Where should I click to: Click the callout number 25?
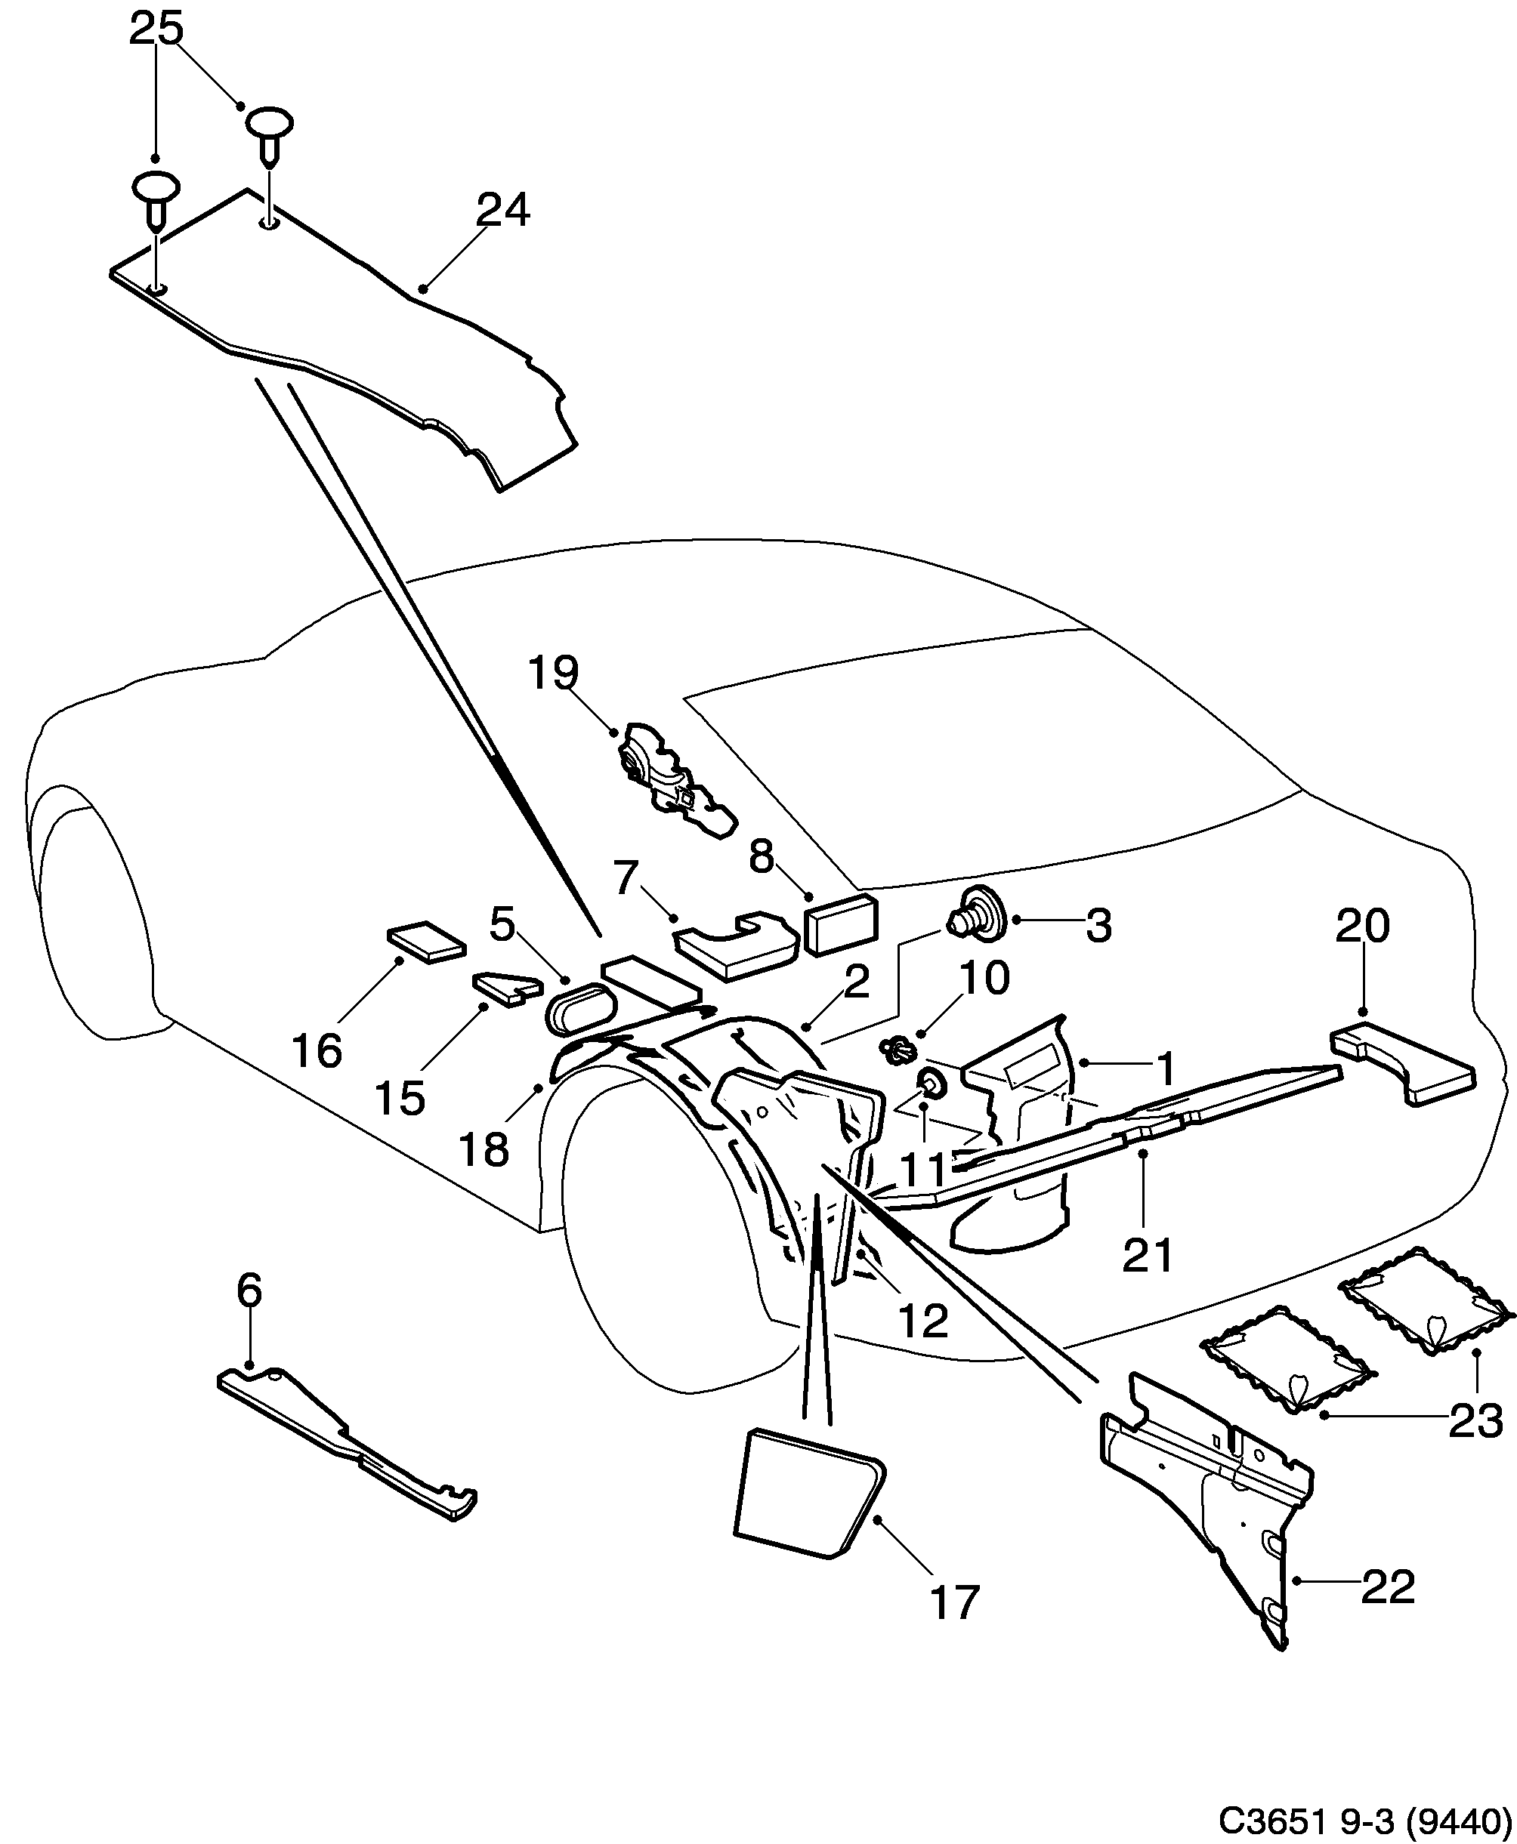click(156, 29)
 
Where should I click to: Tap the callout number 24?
click(502, 211)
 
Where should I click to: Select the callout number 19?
click(553, 674)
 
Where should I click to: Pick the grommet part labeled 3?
click(978, 924)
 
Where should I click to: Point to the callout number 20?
click(1362, 927)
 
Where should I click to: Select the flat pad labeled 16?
click(425, 942)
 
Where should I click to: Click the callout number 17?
click(954, 1603)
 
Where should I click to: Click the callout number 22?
click(1388, 1587)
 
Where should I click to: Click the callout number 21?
click(1148, 1256)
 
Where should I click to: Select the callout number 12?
click(922, 1321)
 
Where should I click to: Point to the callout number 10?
click(984, 979)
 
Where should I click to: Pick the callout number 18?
click(484, 1149)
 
